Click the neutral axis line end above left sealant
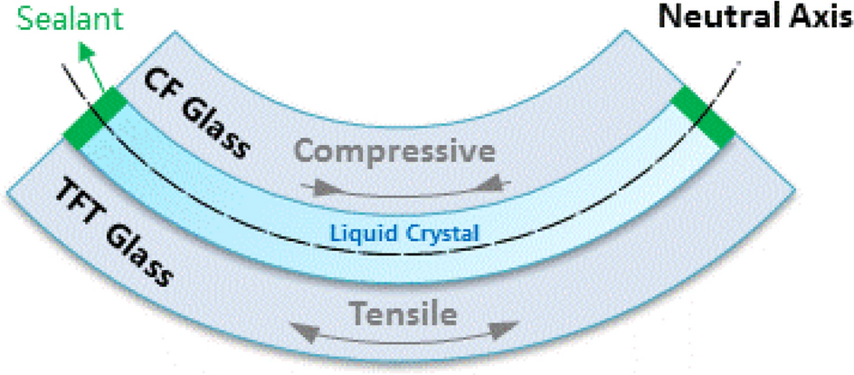(x=64, y=66)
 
